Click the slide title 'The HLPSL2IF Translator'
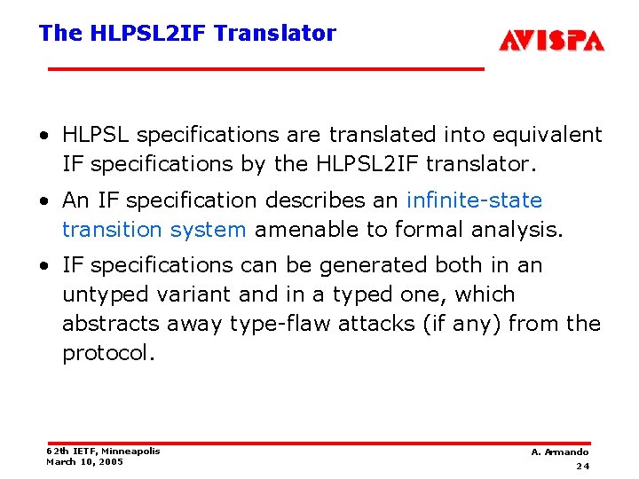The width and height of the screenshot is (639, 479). [x=187, y=34]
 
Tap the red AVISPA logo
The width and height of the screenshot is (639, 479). [x=551, y=41]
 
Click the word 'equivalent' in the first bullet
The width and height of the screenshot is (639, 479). [x=546, y=135]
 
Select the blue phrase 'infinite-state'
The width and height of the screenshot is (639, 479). [x=474, y=200]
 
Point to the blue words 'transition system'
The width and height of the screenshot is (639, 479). [x=154, y=230]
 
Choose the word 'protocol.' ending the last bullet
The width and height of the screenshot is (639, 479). [x=108, y=353]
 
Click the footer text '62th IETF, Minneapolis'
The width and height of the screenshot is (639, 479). [x=103, y=451]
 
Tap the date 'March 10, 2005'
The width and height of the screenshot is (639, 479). [x=84, y=461]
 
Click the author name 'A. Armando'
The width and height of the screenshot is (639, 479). [x=559, y=452]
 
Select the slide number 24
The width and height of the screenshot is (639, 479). [x=582, y=466]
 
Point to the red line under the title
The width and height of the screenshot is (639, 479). [x=265, y=68]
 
